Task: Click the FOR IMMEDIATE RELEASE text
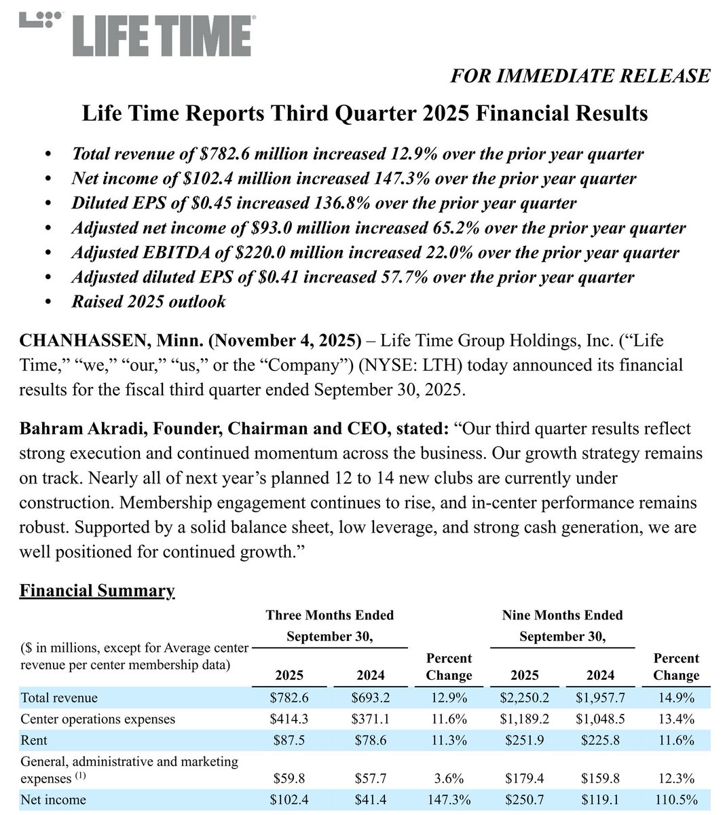pos(580,75)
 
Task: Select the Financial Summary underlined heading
pos(97,590)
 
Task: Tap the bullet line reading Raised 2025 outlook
pos(149,302)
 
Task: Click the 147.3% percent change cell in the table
pos(449,799)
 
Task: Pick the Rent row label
pos(34,740)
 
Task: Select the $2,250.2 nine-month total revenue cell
pos(524,698)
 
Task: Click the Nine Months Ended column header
pos(562,615)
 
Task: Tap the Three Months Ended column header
pos(329,615)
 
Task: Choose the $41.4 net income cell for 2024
pos(370,799)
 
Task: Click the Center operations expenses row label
pos(98,719)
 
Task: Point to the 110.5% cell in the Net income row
pos(676,799)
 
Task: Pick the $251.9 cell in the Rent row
pos(524,740)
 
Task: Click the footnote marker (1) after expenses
pos(81,776)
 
